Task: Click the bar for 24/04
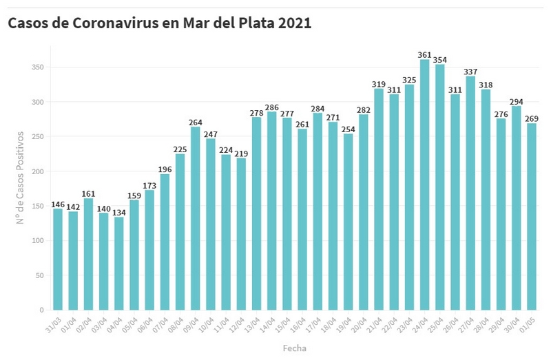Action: (424, 186)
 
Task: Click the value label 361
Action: (424, 54)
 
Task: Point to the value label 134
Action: (119, 211)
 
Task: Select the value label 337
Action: (470, 71)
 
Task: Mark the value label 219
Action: (241, 153)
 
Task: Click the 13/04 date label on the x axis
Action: (252, 324)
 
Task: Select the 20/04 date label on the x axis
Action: (360, 324)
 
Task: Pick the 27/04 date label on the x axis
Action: (466, 324)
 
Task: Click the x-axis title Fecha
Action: (294, 348)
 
